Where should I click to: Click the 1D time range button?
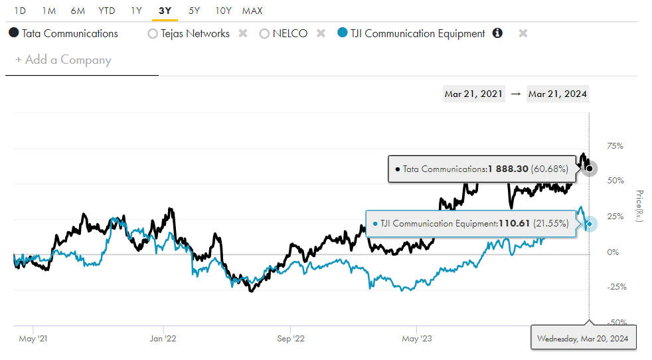coord(20,11)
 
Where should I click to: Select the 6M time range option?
coord(78,11)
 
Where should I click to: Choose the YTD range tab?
coord(106,11)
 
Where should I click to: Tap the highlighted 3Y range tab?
coord(165,11)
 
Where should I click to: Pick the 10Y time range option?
coord(224,11)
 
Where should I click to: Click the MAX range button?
coord(252,11)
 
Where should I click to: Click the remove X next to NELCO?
coord(321,33)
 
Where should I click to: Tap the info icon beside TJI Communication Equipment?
coord(497,33)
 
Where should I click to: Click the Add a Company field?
coord(64,60)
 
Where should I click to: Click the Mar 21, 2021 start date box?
coord(473,94)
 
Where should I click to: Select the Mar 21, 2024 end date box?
coord(558,94)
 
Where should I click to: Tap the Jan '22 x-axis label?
coord(163,338)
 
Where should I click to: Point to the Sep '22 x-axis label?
coord(290,338)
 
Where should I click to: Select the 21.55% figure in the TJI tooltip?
coord(550,224)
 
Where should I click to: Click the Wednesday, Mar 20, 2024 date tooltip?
coord(584,339)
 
